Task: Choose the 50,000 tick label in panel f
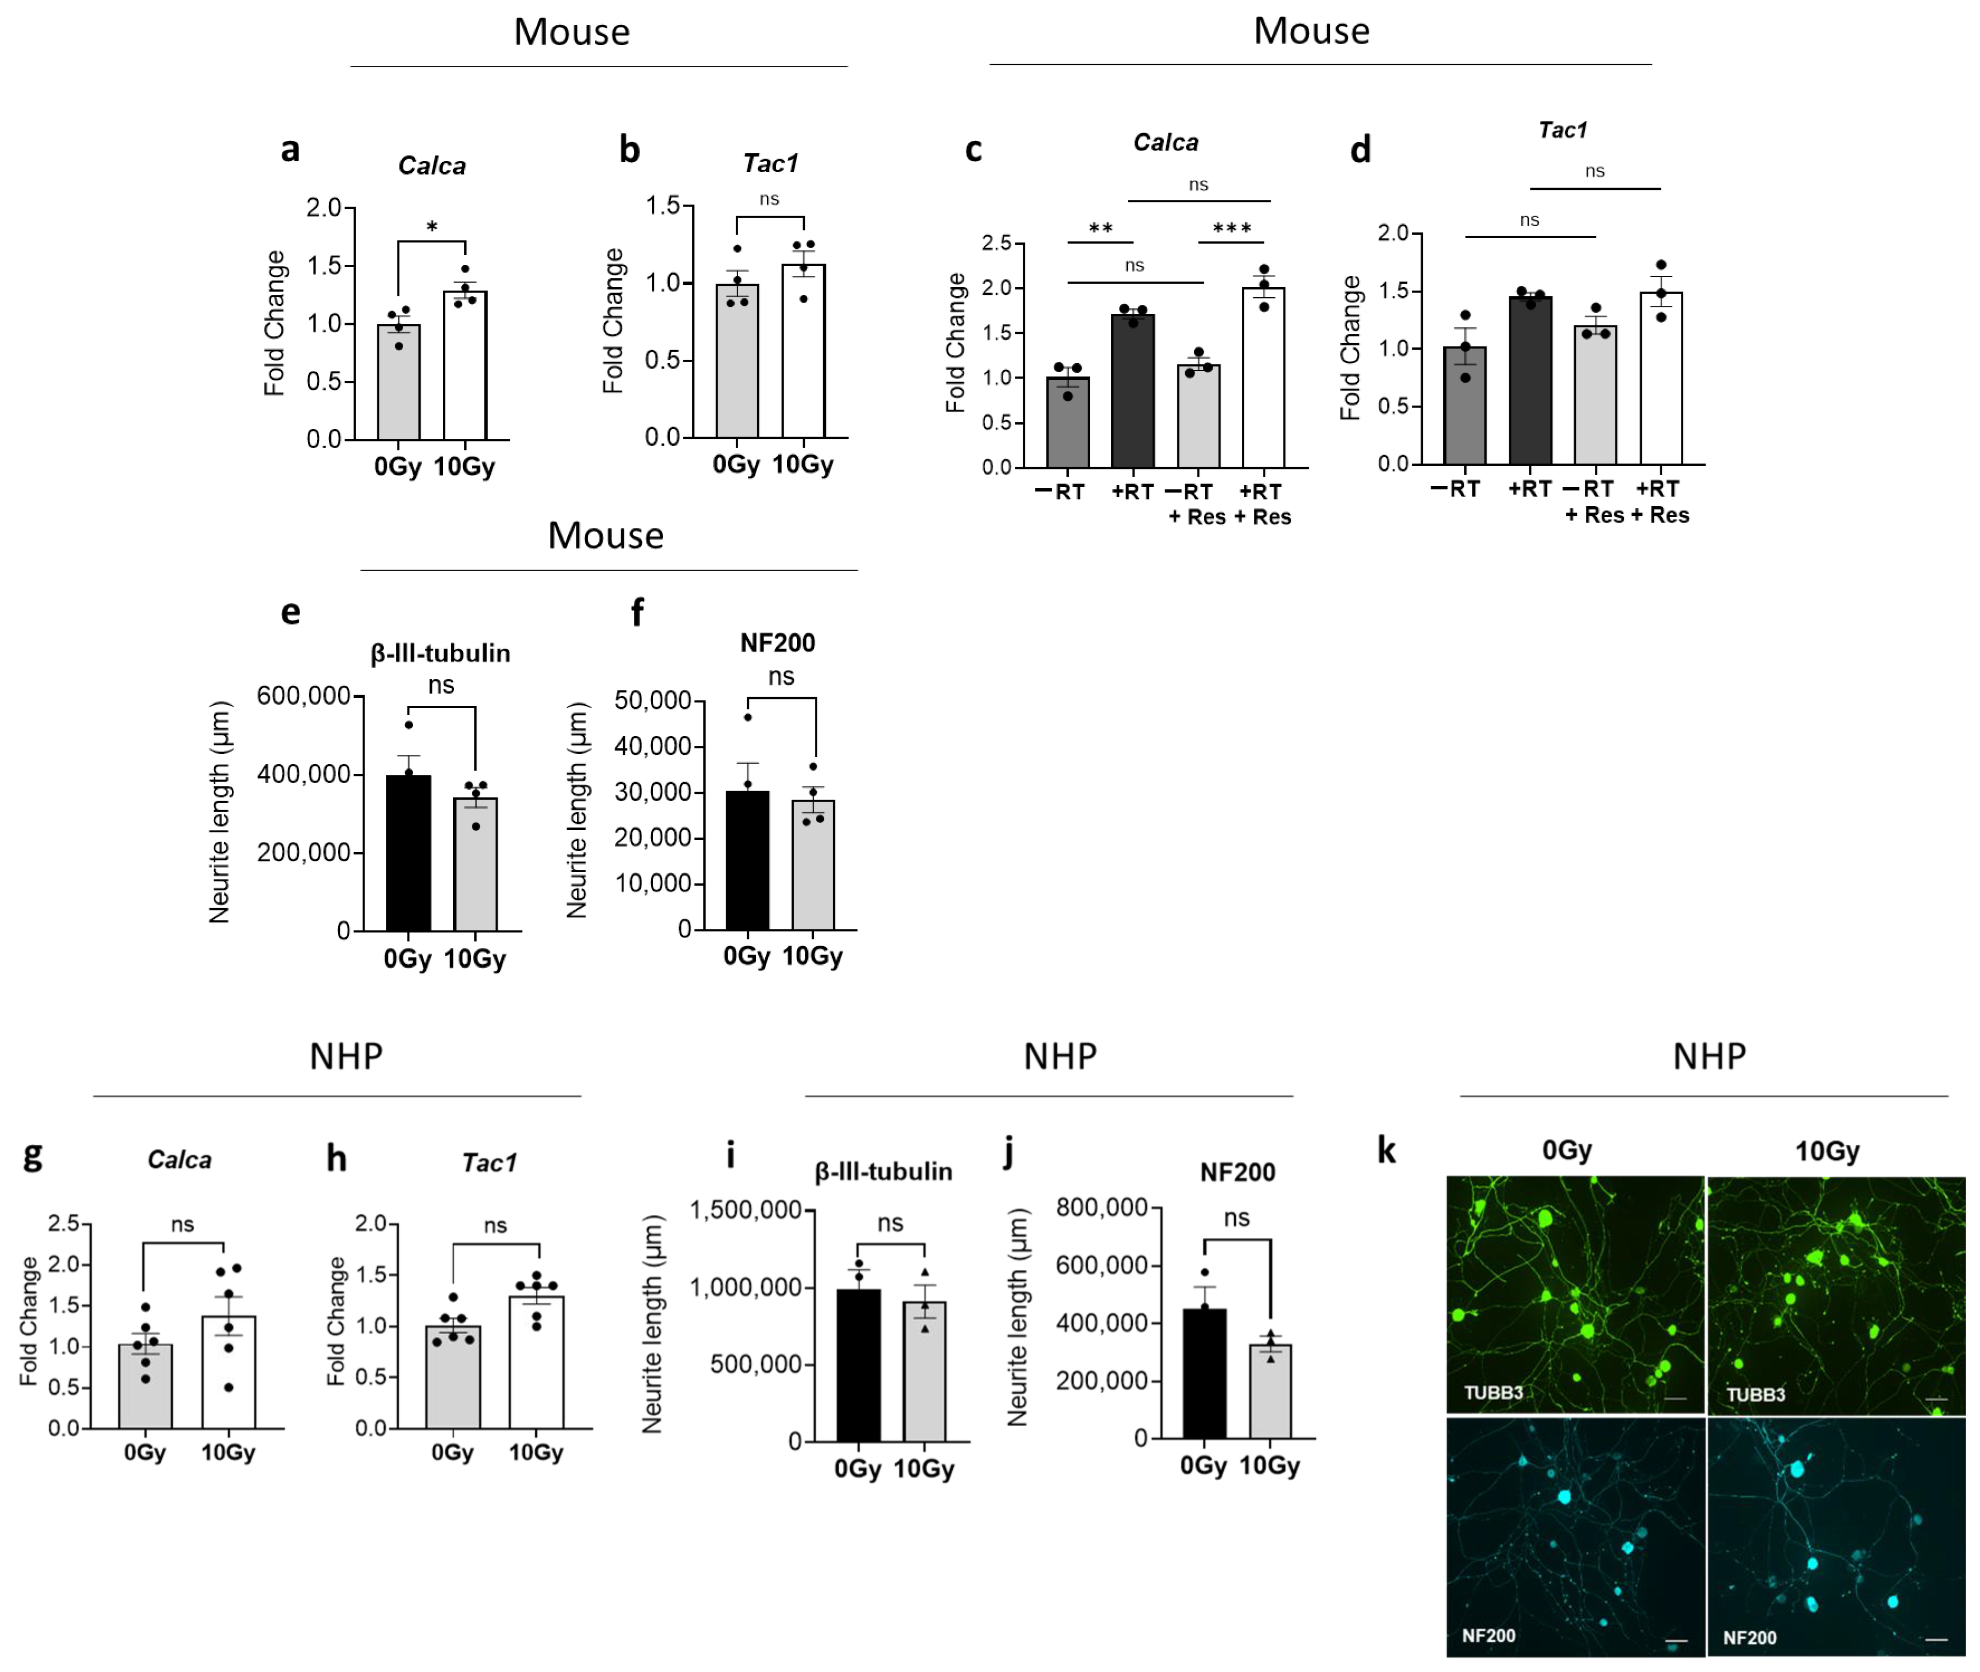652,700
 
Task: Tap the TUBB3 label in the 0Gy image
1493,1392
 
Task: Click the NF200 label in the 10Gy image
1749,1637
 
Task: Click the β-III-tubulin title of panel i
884,1171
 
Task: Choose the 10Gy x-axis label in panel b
803,464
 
